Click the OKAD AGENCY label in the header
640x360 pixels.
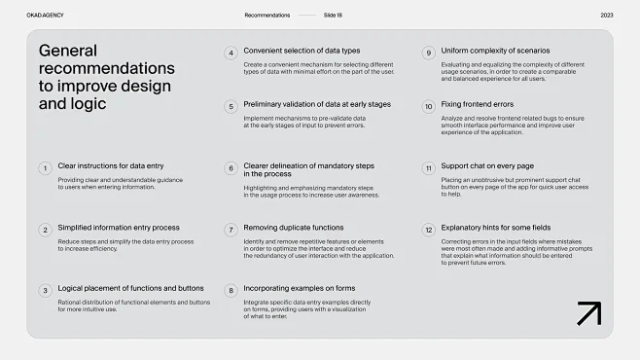[46, 16]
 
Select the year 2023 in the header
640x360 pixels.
[607, 16]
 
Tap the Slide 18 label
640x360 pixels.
[333, 16]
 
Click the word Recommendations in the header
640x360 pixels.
[267, 16]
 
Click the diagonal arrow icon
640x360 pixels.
[588, 313]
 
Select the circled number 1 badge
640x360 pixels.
[45, 168]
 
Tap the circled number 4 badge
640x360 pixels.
[231, 53]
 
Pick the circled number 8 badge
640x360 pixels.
[231, 291]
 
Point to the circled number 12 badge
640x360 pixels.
[428, 230]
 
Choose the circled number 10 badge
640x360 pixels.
[428, 107]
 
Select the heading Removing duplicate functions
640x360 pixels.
[293, 228]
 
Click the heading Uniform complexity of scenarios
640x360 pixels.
[495, 51]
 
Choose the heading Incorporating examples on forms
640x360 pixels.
[300, 288]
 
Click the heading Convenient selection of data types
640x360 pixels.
[302, 51]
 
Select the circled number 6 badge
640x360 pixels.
[231, 168]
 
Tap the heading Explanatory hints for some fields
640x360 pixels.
[496, 228]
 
